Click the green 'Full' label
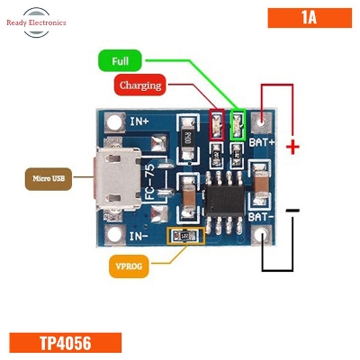tap(121, 62)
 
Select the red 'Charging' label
tap(139, 85)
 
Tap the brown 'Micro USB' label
tap(49, 178)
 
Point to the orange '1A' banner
tap(305, 17)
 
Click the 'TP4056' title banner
tap(65, 343)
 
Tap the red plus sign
tap(292, 147)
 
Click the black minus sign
tap(292, 211)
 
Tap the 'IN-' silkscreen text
tap(139, 236)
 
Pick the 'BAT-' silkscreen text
tap(261, 219)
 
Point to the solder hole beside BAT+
tap(261, 120)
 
